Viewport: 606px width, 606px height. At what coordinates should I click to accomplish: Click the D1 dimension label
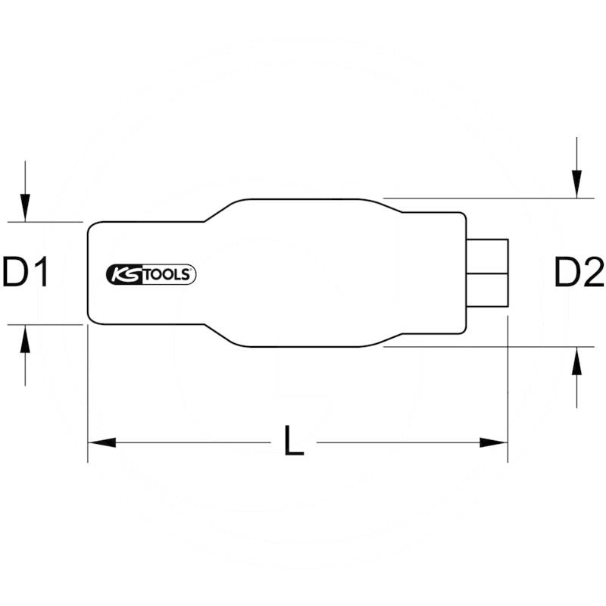[x=25, y=273]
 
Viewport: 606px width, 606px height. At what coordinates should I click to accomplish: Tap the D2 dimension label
[x=578, y=273]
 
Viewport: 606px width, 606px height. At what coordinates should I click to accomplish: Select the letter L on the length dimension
[x=293, y=442]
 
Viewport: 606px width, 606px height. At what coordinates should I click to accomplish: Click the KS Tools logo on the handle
[x=151, y=274]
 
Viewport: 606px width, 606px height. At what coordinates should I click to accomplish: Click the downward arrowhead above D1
[x=25, y=206]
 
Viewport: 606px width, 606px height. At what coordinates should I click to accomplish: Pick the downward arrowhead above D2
[x=577, y=183]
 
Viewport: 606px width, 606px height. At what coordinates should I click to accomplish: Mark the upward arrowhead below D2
[x=577, y=362]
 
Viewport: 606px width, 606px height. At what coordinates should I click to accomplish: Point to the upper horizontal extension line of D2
[x=485, y=198]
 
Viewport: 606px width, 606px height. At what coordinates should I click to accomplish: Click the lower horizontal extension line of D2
[x=485, y=347]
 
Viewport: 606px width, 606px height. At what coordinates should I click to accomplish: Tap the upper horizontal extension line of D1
[x=45, y=222]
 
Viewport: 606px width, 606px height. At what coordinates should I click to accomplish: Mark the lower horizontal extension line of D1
[x=45, y=324]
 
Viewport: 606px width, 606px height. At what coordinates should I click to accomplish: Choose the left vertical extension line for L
[x=88, y=394]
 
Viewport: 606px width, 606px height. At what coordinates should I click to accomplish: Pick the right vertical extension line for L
[x=508, y=394]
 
